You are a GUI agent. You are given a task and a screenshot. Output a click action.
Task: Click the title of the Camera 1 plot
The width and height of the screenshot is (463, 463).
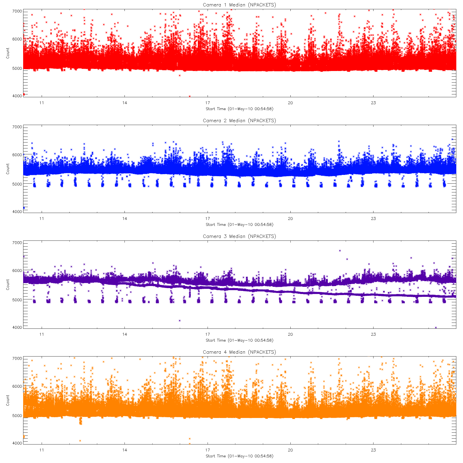239,5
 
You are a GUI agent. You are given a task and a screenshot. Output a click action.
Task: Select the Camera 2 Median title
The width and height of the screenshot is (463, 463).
239,121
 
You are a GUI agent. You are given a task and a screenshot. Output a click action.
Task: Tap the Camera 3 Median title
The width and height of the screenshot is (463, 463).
239,236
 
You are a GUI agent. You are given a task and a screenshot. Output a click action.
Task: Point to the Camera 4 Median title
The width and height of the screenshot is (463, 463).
239,352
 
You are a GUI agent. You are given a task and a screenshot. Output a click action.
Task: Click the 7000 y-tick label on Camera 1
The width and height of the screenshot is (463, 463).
17,11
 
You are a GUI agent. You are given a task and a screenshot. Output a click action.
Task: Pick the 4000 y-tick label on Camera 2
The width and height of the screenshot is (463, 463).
17,212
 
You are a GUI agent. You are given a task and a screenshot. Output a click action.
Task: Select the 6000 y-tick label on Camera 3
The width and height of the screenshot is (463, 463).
17,271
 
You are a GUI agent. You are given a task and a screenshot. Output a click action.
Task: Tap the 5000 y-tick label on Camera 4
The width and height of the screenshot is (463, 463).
17,416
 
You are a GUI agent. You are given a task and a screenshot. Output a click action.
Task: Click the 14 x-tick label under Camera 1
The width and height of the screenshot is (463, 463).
124,103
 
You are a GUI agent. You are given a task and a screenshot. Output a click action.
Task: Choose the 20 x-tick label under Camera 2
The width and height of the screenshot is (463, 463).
290,219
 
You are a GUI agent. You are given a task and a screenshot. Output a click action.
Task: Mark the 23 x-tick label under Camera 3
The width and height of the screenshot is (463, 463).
373,334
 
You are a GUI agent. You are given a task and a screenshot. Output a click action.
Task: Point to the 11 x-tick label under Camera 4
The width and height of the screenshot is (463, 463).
41,450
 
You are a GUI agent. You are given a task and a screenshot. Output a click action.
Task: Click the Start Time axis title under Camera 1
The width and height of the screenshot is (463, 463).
239,109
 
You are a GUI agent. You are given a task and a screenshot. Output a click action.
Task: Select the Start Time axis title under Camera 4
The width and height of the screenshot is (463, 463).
239,456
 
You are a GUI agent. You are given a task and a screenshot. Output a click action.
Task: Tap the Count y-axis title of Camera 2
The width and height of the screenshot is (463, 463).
8,169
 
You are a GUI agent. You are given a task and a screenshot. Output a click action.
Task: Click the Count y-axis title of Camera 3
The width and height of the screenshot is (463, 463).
8,284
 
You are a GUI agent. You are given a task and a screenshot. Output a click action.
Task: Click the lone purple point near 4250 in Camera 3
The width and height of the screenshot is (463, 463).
180,320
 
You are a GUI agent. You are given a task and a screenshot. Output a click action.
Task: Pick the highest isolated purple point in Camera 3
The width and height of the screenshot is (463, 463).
340,251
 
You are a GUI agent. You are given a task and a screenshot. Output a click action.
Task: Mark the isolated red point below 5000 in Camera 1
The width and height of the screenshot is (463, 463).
180,75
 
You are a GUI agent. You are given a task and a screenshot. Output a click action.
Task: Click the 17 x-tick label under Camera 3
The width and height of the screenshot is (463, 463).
207,334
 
